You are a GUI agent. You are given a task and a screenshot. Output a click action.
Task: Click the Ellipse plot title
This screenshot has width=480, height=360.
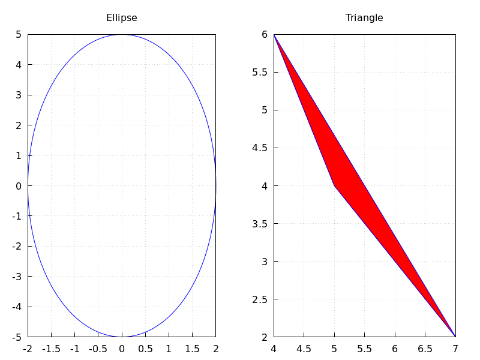click(122, 18)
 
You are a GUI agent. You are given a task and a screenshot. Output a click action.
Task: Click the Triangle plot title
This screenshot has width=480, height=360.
click(364, 18)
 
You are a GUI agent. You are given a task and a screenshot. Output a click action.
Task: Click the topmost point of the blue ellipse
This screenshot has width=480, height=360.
click(122, 34)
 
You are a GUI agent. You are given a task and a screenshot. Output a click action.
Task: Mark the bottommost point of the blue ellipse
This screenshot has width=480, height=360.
click(122, 337)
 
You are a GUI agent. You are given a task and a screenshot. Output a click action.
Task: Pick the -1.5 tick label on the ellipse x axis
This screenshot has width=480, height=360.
click(51, 348)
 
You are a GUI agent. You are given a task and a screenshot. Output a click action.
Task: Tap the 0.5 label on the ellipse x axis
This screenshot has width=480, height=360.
click(145, 348)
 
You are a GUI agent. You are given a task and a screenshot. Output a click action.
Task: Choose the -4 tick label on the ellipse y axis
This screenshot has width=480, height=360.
click(17, 307)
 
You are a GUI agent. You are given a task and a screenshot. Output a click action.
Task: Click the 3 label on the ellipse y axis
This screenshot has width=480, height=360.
click(19, 95)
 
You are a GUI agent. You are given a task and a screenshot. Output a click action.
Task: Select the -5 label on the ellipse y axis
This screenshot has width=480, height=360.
click(17, 337)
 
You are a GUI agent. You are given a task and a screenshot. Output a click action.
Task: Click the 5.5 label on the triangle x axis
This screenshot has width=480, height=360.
click(365, 348)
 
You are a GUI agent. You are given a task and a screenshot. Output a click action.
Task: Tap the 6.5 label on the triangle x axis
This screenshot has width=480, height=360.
click(425, 348)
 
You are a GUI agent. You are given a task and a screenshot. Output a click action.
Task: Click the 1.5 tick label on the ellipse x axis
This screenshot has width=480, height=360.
click(192, 348)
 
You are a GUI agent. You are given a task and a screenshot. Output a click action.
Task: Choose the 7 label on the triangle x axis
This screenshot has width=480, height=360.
click(455, 348)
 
